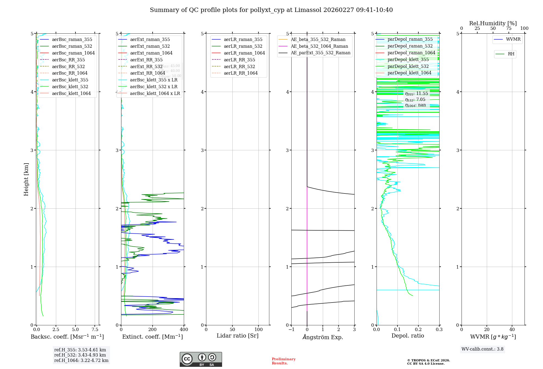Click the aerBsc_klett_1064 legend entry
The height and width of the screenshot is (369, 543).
pos(71,93)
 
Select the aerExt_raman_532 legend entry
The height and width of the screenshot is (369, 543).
pos(150,46)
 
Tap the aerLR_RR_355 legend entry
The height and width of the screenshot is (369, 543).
pos(239,60)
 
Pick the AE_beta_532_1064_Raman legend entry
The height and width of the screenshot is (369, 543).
pos(319,46)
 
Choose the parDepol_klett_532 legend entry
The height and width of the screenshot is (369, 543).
pos(408,66)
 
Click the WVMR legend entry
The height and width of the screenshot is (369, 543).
pos(513,39)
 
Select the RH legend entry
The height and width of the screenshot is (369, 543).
pos(511,54)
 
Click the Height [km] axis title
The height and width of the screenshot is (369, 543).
pos(26,179)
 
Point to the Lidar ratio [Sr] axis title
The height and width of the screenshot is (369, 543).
pos(238,336)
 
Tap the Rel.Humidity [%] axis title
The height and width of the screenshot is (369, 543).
pos(493,23)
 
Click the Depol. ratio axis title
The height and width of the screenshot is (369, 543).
pos(408,336)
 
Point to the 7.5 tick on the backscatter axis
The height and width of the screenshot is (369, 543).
pos(95,330)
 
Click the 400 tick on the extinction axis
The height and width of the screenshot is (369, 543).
pos(184,330)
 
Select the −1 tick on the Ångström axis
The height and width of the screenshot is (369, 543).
pos(291,330)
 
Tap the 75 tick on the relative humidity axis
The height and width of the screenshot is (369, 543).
pos(509,28)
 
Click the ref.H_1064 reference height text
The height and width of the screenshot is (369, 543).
pos(81,361)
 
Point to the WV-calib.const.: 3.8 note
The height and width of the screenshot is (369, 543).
pos(482,349)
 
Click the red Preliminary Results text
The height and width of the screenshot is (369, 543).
pos(283,361)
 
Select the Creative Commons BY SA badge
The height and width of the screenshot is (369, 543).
pos(201,360)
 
